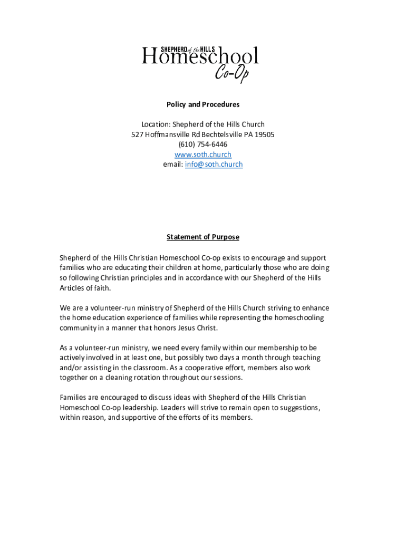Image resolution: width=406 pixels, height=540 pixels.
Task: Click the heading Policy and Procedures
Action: pos(203,104)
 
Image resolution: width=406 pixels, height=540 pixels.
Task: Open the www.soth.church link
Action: pos(203,155)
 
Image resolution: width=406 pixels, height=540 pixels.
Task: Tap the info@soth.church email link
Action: pos(214,165)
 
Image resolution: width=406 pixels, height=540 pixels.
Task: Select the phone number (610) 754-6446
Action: pos(203,144)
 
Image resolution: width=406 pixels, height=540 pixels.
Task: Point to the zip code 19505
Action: pos(264,134)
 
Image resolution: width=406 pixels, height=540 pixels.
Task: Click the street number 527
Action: pos(137,134)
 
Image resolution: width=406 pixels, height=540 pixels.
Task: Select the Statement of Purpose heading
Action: pos(203,237)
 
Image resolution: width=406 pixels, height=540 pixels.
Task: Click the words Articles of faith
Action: pos(85,288)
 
